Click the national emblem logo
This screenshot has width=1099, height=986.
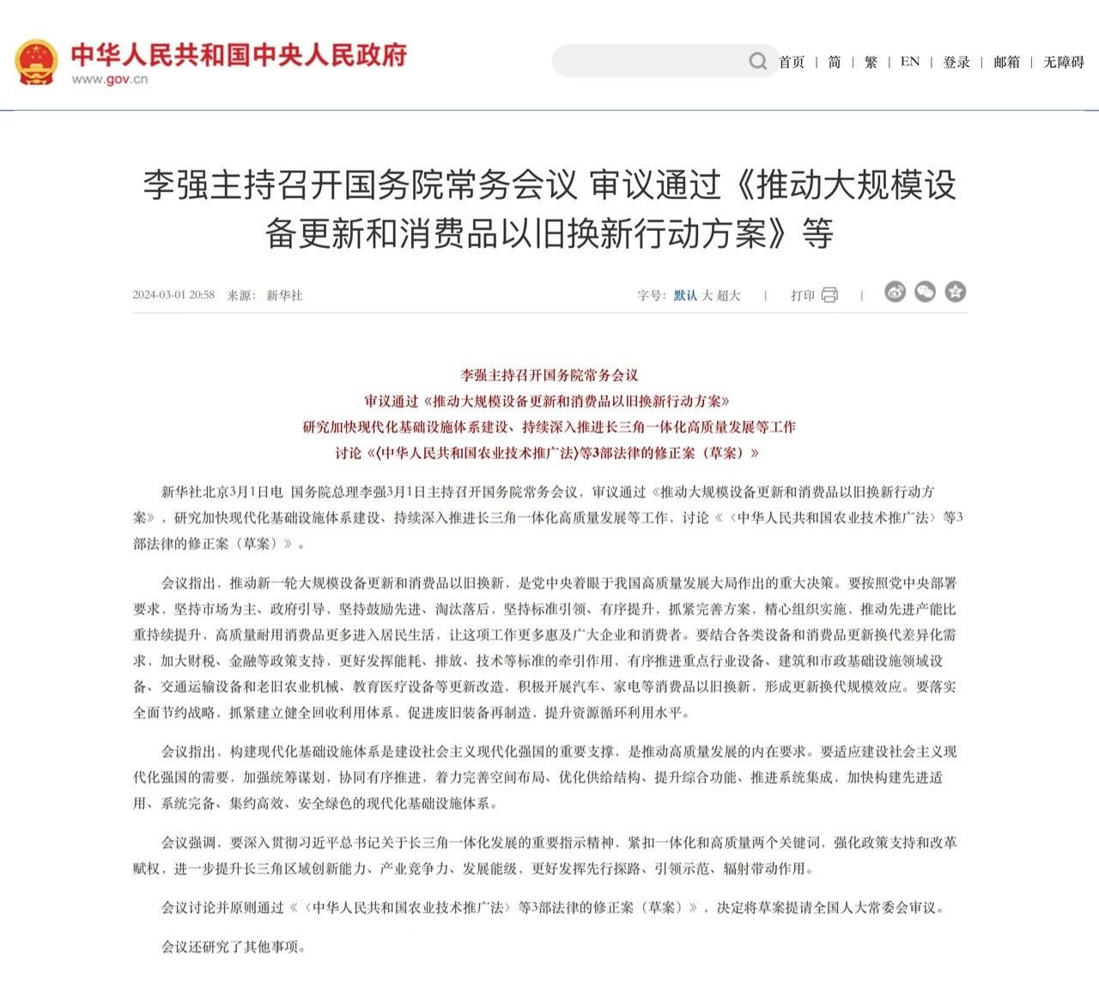tap(37, 61)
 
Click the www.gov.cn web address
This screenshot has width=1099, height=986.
tap(109, 80)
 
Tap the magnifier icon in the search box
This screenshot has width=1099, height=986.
tap(757, 61)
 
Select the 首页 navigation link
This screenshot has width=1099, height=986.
tap(792, 62)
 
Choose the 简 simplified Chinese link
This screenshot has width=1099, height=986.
tap(835, 62)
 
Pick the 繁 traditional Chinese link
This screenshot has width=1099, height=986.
tap(871, 62)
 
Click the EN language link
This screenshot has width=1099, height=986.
tap(910, 62)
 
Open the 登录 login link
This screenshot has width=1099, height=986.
tap(956, 62)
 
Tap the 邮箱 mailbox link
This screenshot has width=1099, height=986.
tap(1007, 62)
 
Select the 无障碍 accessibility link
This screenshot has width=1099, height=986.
tap(1064, 62)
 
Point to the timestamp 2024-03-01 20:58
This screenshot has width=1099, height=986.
tap(173, 295)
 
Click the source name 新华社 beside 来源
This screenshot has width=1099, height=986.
tap(284, 295)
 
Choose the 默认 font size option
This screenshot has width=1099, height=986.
tap(685, 295)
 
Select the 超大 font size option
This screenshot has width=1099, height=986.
tap(728, 295)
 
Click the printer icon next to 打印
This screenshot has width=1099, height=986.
tap(829, 295)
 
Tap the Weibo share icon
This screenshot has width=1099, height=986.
tap(895, 293)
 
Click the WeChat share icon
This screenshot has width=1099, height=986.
tap(925, 293)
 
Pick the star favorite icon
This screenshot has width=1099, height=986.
tap(955, 293)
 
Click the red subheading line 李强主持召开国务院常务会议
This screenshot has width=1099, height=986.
tap(549, 375)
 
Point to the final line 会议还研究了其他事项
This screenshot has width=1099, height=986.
tap(234, 947)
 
